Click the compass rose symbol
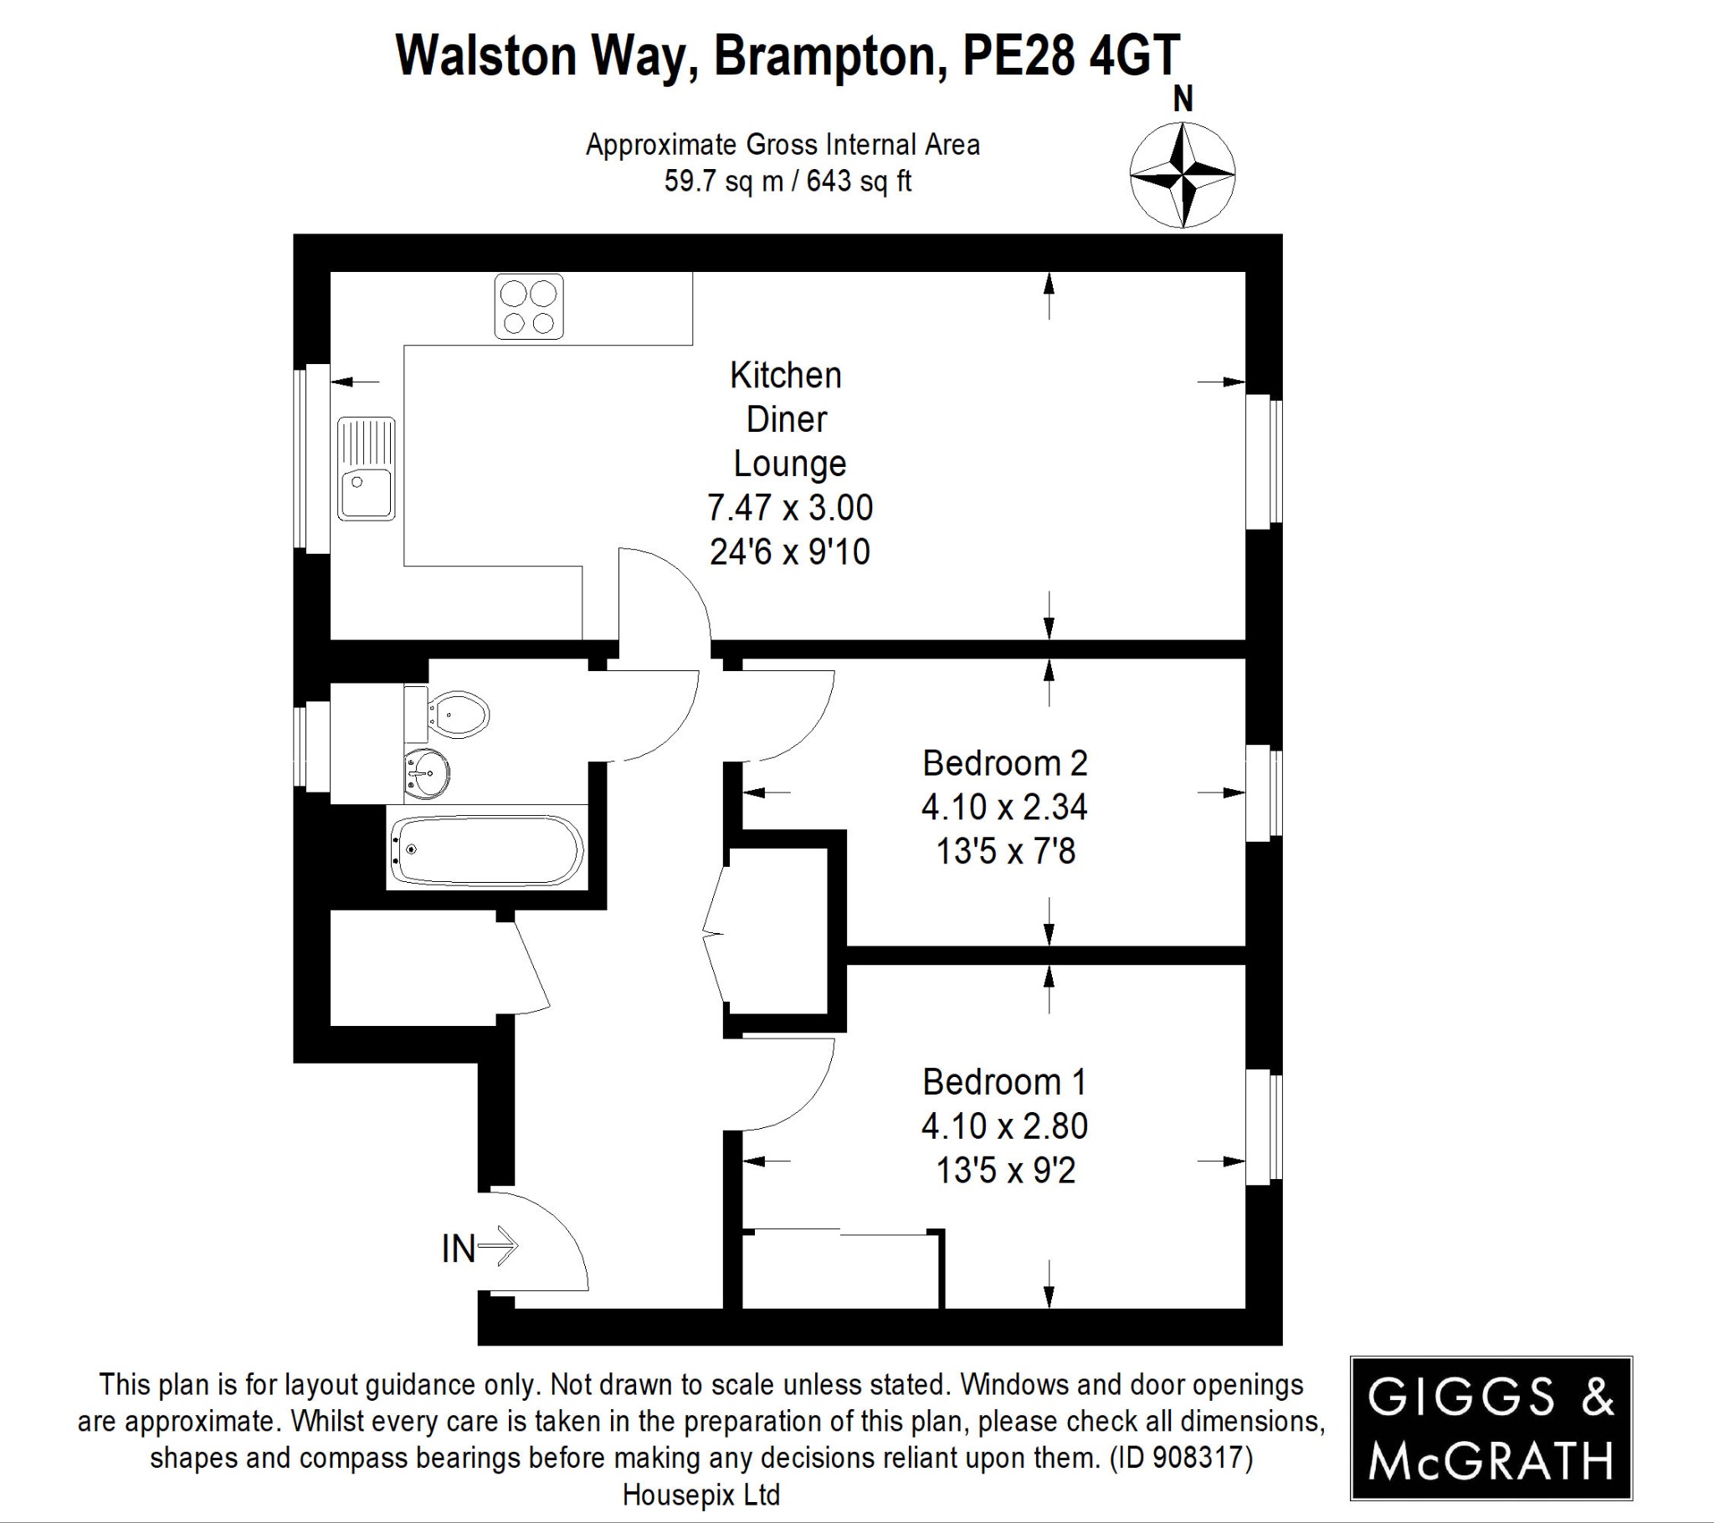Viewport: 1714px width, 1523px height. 1183,175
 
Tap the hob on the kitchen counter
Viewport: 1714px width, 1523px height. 528,307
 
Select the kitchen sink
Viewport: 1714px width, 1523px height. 367,469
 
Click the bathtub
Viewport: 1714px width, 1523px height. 487,849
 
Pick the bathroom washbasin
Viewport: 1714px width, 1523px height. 427,769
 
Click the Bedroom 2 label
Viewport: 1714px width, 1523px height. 1004,763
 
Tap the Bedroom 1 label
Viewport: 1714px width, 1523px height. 1004,1082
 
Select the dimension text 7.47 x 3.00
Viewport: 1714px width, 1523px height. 790,507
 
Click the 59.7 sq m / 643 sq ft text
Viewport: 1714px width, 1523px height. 788,181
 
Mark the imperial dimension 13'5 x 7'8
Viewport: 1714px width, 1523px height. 1004,851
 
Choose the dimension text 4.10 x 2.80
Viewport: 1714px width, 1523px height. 1004,1126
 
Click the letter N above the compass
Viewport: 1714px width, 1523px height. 1183,100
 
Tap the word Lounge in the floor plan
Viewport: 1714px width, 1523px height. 790,463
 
